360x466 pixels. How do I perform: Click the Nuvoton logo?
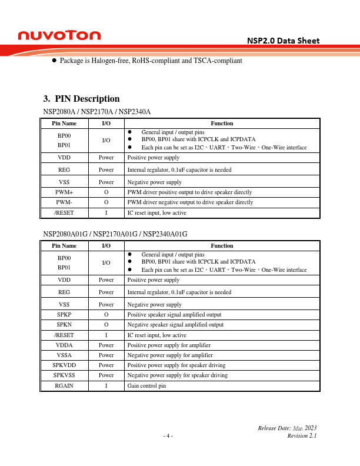tap(59, 36)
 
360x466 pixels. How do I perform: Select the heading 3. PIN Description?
tap(82, 99)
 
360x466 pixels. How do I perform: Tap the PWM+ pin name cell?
tap(64, 192)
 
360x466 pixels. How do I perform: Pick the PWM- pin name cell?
tap(64, 202)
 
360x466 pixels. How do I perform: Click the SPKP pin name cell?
tap(64, 315)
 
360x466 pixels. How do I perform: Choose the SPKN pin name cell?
tap(64, 325)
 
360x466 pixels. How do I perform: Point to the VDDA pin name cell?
tap(64, 345)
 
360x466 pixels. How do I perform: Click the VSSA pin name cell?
tap(64, 355)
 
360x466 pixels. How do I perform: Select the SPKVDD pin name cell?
tap(64, 365)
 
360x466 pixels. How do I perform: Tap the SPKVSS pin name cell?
tap(64, 375)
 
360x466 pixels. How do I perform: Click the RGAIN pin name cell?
tap(64, 386)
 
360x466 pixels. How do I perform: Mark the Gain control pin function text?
tap(147, 386)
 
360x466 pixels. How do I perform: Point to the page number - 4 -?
tap(168, 436)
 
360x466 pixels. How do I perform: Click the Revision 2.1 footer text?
tap(302, 436)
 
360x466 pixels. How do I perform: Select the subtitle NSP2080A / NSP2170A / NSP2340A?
tap(97, 111)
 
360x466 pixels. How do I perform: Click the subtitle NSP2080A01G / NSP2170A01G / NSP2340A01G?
tap(115, 234)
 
